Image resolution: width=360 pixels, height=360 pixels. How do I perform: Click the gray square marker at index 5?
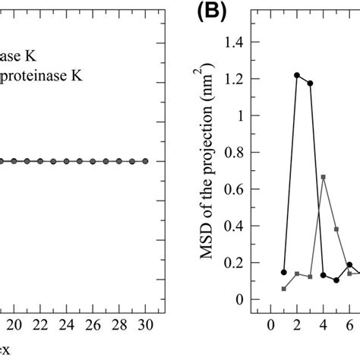tap(336, 229)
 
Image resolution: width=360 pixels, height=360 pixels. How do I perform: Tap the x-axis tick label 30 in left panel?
tap(144, 323)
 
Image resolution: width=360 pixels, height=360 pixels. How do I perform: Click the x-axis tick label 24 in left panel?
tap(65, 323)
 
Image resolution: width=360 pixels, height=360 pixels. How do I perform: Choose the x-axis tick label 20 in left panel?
tap(13, 323)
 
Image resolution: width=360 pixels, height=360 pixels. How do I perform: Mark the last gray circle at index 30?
tap(144, 161)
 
